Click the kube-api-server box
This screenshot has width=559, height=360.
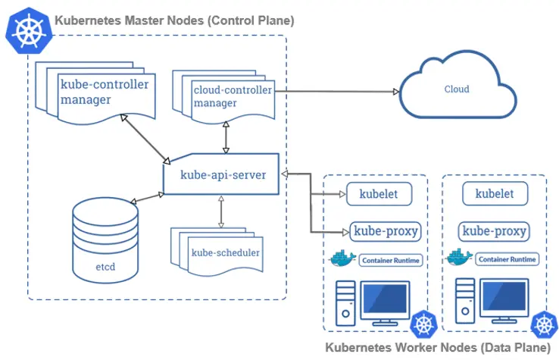(x=221, y=174)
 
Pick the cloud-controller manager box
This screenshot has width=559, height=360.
(x=224, y=97)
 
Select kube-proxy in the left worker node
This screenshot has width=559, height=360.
(x=384, y=230)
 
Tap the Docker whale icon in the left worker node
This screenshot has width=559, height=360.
(x=343, y=258)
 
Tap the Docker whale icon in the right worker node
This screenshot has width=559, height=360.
(x=460, y=258)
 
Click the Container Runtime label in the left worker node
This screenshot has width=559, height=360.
(x=389, y=260)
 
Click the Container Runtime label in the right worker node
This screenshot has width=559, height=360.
(x=506, y=260)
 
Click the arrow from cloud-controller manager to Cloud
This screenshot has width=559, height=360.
(x=337, y=92)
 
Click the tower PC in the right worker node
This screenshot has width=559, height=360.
(x=464, y=301)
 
